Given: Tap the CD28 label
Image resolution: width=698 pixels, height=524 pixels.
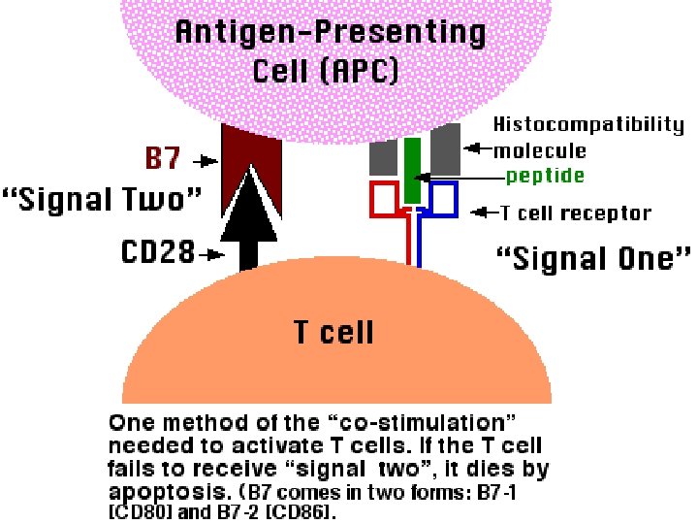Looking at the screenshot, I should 157,253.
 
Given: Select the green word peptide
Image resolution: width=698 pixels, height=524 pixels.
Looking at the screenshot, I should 545,176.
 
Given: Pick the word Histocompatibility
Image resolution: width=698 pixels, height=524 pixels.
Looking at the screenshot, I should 588,125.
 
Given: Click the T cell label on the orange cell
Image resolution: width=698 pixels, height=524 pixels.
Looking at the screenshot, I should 333,333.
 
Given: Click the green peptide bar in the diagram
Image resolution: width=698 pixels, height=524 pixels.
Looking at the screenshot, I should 412,170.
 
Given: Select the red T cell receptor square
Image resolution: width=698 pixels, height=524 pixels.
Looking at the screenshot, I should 383,199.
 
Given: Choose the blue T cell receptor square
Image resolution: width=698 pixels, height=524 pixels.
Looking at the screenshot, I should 444,199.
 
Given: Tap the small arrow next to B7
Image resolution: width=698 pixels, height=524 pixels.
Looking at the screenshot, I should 206,159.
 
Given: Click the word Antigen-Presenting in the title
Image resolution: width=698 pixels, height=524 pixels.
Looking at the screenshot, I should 330,32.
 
